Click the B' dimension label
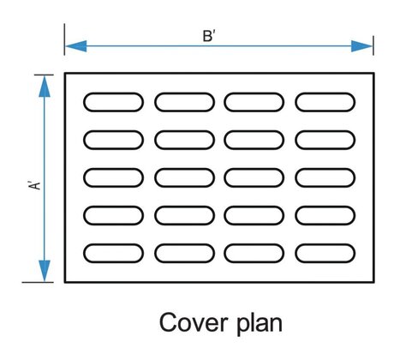[x=208, y=35]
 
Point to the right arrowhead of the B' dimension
[x=367, y=46]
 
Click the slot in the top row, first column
[x=113, y=101]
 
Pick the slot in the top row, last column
[x=325, y=101]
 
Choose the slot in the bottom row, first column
[x=113, y=254]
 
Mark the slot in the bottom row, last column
[x=325, y=254]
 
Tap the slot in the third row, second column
[x=184, y=177]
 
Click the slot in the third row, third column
[x=254, y=177]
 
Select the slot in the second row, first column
[x=113, y=139]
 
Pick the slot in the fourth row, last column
[x=325, y=216]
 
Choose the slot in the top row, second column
[x=184, y=101]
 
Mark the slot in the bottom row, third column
[x=254, y=254]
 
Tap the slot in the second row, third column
[x=254, y=139]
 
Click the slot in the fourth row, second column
[x=184, y=216]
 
